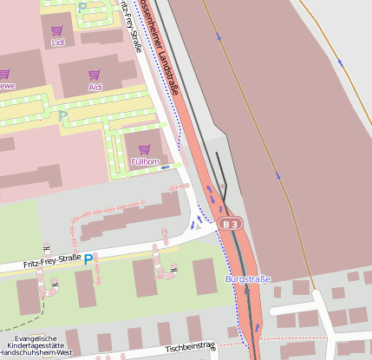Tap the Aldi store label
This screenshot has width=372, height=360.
95,88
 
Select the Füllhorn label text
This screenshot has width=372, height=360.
144,161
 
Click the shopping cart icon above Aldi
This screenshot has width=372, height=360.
95,75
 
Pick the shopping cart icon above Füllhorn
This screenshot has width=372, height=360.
144,149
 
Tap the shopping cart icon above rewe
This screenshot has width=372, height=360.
4,75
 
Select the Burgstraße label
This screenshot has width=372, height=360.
248,279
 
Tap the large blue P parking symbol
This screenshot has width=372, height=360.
88,259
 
